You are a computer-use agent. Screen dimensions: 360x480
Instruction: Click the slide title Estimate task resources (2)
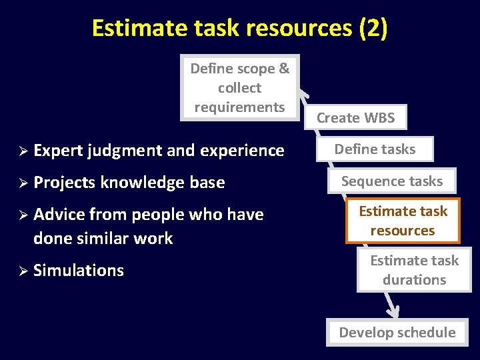(239, 28)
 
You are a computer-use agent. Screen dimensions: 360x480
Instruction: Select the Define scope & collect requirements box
(240, 87)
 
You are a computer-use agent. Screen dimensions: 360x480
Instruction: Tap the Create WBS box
(355, 118)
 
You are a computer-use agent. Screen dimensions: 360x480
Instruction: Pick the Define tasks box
(375, 149)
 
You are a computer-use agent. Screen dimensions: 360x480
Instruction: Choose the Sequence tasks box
(392, 181)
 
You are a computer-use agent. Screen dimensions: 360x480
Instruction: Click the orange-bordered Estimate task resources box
(403, 221)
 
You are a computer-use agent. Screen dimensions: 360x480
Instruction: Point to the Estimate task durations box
(414, 270)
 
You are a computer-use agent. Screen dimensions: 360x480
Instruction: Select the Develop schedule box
(397, 332)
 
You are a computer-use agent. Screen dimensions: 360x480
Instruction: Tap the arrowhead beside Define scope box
(304, 94)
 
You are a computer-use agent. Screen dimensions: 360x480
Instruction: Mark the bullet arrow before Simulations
(22, 271)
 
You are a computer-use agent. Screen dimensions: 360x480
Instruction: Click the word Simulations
(78, 270)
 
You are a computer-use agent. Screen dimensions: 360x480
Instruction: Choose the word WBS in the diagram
(379, 118)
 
